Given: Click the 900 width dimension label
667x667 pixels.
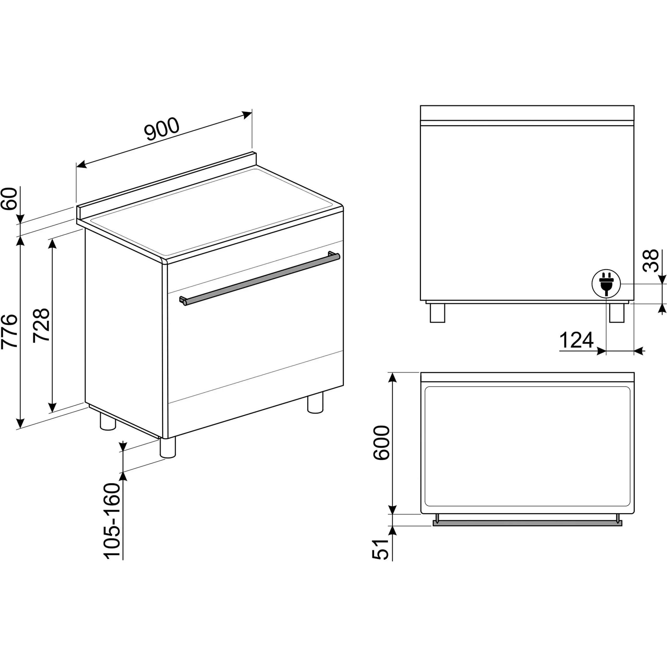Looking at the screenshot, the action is (162, 129).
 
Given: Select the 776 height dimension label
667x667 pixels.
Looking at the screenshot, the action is (9, 332).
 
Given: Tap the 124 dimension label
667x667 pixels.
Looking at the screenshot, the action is (576, 340).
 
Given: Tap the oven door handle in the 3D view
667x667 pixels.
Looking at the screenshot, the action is (260, 279).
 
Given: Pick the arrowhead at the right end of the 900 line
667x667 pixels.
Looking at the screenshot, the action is (248, 115).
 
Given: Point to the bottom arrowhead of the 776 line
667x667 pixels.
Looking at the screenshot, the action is (21, 422).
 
